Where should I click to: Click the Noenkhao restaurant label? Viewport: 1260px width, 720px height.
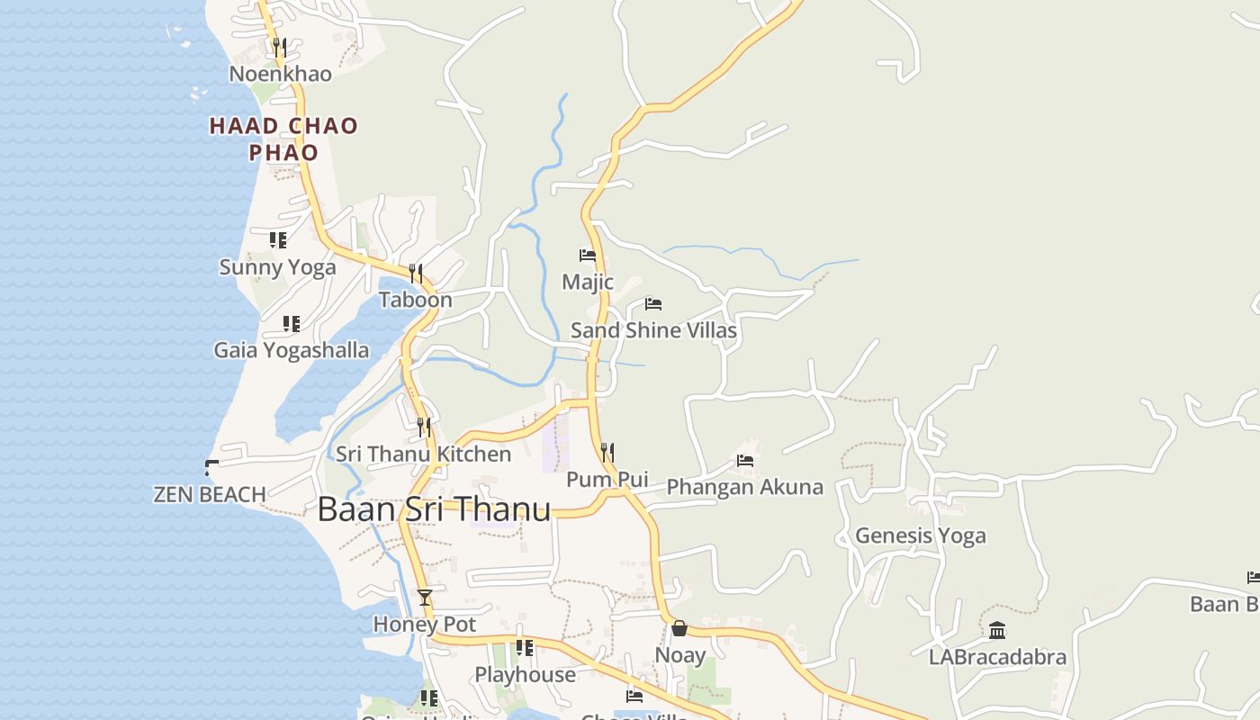click(x=280, y=74)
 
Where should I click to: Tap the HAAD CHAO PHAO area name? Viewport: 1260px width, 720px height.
click(x=283, y=139)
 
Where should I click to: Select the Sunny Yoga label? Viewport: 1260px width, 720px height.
click(x=277, y=267)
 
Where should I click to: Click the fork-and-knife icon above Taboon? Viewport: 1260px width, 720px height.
click(x=416, y=273)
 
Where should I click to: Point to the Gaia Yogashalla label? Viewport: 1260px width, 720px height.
click(x=291, y=350)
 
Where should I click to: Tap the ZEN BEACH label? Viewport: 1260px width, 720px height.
click(x=210, y=494)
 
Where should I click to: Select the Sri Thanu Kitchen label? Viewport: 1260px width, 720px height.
click(x=423, y=454)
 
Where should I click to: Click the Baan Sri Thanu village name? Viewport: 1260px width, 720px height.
click(x=434, y=509)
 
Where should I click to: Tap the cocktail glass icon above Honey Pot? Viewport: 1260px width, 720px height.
click(x=425, y=597)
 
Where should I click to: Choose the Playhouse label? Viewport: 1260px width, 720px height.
click(x=525, y=675)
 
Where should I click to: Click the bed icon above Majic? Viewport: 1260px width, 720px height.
click(x=588, y=256)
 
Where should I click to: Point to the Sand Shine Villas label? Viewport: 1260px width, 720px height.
click(x=653, y=330)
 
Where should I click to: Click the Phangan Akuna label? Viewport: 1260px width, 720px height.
click(x=744, y=487)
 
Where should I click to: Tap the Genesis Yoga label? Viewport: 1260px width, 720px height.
click(x=920, y=535)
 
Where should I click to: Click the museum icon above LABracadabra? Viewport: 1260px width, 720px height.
click(x=997, y=630)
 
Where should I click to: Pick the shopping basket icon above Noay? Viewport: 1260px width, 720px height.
click(x=679, y=627)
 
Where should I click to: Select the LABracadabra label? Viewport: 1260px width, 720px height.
click(x=997, y=657)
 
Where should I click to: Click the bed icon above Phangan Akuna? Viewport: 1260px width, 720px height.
click(x=745, y=461)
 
